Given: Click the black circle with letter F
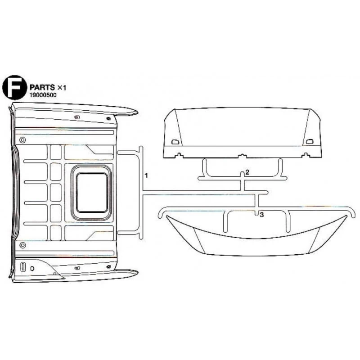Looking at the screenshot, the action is pos(14,87).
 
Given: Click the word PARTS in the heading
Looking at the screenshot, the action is pos(42,87).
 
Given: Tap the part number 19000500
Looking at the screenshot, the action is pos(43,95).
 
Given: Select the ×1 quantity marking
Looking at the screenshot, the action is pos(62,87).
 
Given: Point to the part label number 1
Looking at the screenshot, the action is pos(146,176).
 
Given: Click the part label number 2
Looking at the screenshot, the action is pos(247,172).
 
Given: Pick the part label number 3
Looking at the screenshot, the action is pos(262,215).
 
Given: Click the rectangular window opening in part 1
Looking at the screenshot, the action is pos(92,193).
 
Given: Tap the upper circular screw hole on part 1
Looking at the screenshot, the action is pos(22,140).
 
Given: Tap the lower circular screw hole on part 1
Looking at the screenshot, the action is pos(22,245).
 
